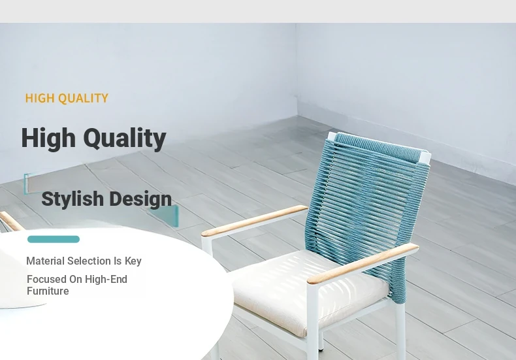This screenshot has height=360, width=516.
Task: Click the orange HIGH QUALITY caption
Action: (x=67, y=98)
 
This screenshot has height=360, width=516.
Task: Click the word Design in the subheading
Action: (x=140, y=199)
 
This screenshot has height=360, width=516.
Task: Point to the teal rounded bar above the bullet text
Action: (x=54, y=239)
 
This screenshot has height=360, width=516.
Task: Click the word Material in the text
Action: (x=46, y=261)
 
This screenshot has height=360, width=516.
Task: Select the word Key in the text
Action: (x=133, y=261)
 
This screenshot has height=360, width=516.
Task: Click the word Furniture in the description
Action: (x=48, y=291)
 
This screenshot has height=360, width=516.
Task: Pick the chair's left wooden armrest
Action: (x=254, y=221)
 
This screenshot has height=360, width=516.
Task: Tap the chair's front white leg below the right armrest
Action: (x=313, y=323)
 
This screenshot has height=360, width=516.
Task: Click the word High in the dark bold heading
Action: (x=48, y=139)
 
